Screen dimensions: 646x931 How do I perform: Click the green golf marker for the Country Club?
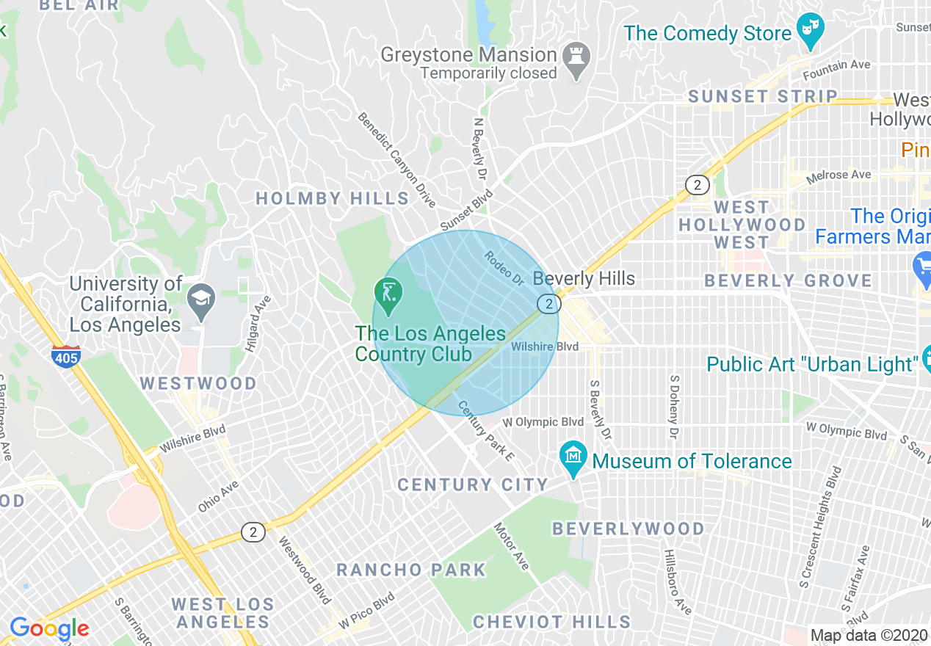tap(388, 294)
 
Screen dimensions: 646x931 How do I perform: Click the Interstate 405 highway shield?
tap(66, 356)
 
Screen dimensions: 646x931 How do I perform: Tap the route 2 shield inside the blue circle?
tap(548, 303)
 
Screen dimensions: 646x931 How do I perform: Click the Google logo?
tap(49, 629)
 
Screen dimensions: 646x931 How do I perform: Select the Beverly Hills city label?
tap(584, 279)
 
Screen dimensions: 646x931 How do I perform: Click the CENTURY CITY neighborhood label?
tap(473, 484)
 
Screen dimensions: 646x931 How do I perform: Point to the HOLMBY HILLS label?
tap(332, 198)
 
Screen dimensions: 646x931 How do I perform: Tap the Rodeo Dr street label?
tap(503, 269)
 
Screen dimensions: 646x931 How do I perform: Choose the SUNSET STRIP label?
tap(762, 96)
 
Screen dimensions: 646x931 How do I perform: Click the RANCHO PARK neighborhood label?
tap(411, 570)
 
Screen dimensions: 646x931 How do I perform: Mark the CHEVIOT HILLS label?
tap(551, 622)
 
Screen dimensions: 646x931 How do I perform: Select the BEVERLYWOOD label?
tap(628, 529)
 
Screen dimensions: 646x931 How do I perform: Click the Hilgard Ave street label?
tap(258, 324)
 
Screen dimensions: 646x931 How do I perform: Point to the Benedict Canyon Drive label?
tap(396, 159)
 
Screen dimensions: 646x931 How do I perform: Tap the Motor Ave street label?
tap(511, 546)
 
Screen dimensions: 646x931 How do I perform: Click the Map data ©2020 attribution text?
tap(869, 635)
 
